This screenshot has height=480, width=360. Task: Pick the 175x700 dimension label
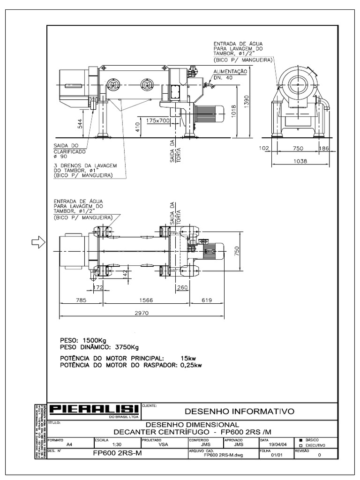tap(157, 120)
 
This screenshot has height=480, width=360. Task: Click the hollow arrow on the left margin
tap(37, 242)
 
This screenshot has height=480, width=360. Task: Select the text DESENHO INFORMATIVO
tap(240, 412)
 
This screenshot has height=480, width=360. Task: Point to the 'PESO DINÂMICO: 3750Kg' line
tap(100, 347)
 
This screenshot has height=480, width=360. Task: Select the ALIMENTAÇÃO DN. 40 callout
tap(230, 74)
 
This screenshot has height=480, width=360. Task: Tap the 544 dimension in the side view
tap(80, 124)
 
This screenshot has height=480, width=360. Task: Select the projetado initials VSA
tap(163, 445)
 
